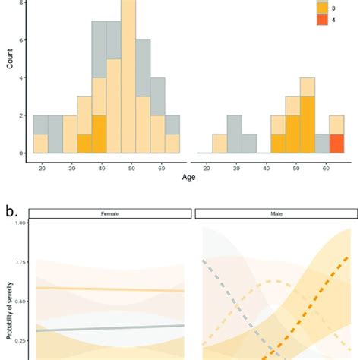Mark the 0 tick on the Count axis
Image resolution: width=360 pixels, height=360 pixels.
pos(24,153)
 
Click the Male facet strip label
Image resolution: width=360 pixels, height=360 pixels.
pos(275,215)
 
